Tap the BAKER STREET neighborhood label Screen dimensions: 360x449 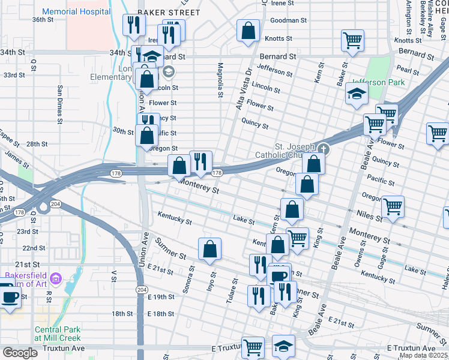pos(160,11)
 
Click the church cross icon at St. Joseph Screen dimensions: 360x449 pos(324,148)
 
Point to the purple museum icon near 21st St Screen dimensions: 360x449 pos(56,278)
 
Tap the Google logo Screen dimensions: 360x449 pos(20,353)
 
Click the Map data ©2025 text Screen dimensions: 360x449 pos(424,355)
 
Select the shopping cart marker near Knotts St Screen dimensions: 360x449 pos(352,40)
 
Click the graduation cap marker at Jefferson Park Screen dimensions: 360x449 pos(356,94)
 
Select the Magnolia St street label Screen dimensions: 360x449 pos(220,80)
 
